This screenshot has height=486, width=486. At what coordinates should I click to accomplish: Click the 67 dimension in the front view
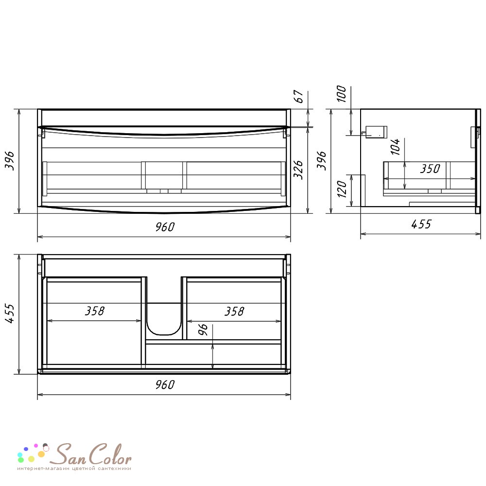coord(298,96)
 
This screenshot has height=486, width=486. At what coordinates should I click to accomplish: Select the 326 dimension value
coord(298,170)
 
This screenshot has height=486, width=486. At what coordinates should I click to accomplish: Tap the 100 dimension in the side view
coord(341,94)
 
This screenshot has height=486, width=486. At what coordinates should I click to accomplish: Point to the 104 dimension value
coord(395,147)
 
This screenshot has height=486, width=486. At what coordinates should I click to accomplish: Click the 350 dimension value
coord(430,169)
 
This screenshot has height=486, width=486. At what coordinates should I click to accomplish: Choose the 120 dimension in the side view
coord(342,189)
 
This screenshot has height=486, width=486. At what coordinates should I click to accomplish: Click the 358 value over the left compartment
coord(95,311)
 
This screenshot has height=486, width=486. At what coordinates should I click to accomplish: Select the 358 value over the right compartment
coord(234,311)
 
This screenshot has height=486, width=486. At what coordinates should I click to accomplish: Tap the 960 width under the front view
coord(165,227)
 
